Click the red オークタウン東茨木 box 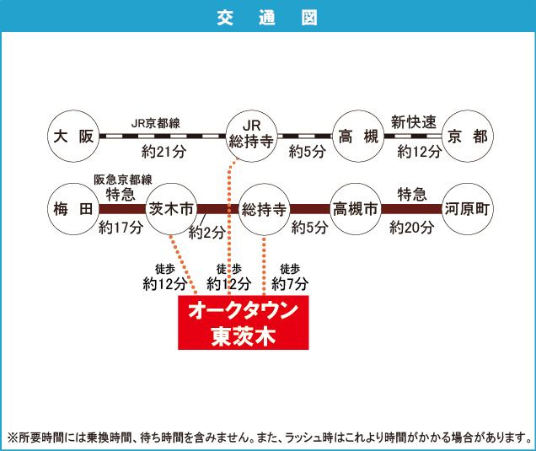point(244,322)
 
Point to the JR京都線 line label point(156,123)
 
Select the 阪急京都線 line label point(123,180)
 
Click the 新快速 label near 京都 point(414,122)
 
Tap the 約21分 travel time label point(164,152)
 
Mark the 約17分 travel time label point(121,227)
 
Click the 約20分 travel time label point(412,227)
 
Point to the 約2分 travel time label point(207,233)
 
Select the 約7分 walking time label point(290,284)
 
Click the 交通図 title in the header point(267,18)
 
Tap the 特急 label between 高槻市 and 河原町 point(412,194)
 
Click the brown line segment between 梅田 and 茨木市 point(122,209)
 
